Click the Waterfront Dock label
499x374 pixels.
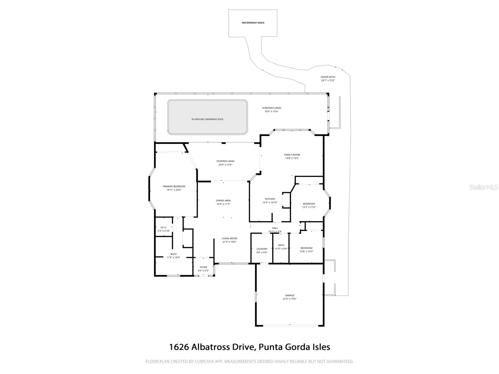(253, 23)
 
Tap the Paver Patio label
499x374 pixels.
(328, 77)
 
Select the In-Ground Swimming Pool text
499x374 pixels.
(207, 119)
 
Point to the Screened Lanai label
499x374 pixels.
(271, 108)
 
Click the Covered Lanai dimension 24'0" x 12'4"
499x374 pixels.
(225, 165)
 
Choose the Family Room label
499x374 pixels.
(292, 155)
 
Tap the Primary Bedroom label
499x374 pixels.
(174, 186)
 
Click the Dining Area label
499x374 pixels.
(223, 200)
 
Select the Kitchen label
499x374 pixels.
(270, 199)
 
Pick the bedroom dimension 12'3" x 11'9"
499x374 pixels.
(309, 207)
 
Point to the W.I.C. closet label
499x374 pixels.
(163, 227)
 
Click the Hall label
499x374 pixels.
(275, 228)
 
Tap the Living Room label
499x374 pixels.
(229, 238)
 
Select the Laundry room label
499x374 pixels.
(262, 249)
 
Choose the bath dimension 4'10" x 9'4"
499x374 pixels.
(281, 248)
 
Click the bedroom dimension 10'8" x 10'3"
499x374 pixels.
(306, 251)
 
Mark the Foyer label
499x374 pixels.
(203, 267)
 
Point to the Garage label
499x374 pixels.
(289, 295)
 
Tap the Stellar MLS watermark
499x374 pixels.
(484, 187)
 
